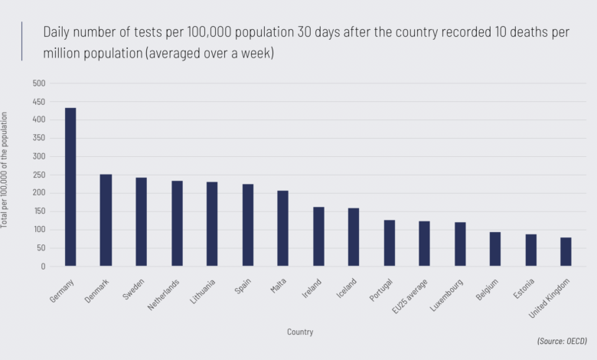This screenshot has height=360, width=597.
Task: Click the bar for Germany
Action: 70,188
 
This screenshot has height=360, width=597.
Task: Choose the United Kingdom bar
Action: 566,252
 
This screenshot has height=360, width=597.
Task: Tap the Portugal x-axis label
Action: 381,292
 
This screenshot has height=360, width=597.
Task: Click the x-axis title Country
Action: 300,332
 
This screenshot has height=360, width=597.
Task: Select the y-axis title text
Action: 6,170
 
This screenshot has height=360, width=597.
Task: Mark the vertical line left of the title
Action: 22,41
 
